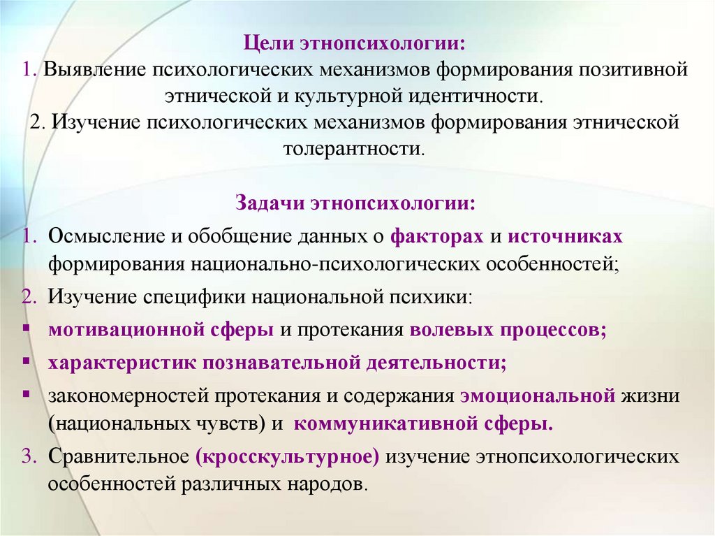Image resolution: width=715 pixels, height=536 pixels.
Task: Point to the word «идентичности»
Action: point(476,95)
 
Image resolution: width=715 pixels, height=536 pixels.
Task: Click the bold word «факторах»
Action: point(437,236)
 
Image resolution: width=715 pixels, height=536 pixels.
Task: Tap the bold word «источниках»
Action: point(565,236)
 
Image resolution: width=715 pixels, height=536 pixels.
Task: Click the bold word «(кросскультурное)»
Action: point(288,456)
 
